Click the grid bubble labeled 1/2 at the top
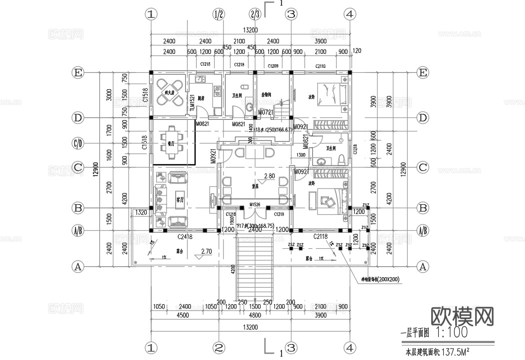pos(218,14)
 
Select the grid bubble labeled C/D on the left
pos(77,144)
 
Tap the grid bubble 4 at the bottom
pos(350,347)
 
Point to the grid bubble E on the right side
pos(423,73)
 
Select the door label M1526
pos(255,204)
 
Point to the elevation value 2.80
pos(269,176)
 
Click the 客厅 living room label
pos(181,199)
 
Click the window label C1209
pos(273,66)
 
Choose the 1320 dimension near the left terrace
pos(141,212)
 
